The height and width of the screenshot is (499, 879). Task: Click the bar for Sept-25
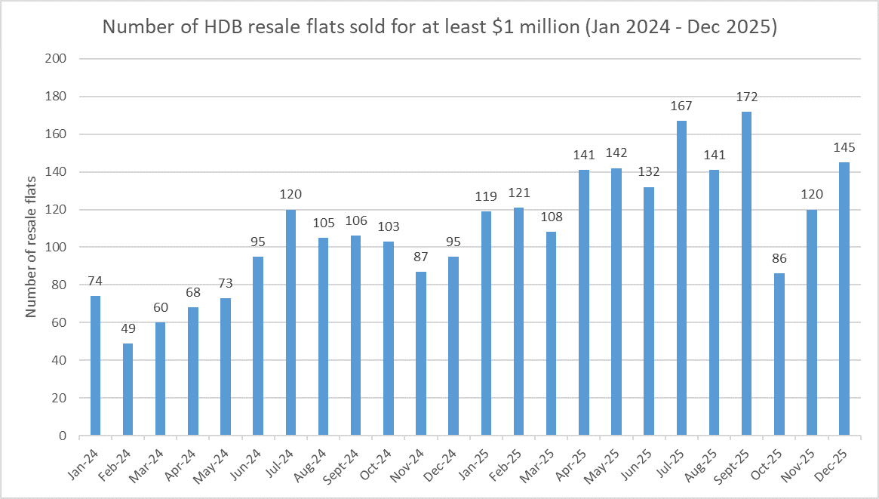point(747,273)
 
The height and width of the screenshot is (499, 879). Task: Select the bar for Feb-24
point(128,390)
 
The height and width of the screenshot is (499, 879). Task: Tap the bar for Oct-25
point(779,354)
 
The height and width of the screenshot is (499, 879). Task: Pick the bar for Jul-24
point(290,322)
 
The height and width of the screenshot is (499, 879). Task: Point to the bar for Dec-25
point(844,299)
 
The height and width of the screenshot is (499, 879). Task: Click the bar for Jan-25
point(486,323)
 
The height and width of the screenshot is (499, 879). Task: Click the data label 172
point(747,97)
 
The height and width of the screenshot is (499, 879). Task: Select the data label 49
point(128,329)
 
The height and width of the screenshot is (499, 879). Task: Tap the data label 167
point(682,106)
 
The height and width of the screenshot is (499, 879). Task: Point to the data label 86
point(779,259)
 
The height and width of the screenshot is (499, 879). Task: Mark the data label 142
point(616,153)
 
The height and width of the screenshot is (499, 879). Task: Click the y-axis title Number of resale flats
point(32,248)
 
